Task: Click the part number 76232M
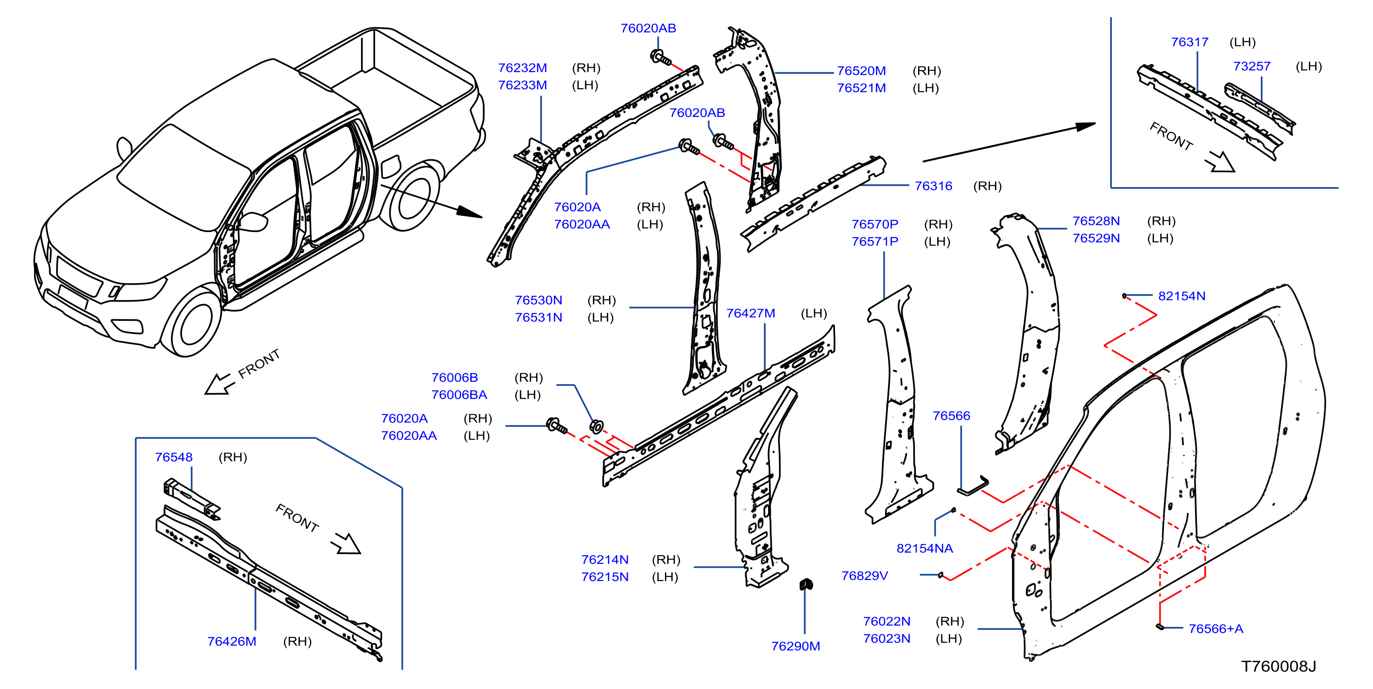[522, 68]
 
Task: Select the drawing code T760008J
[1279, 666]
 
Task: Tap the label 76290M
[795, 646]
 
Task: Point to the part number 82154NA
[924, 548]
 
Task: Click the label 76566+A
[1216, 628]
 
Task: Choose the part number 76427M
[750, 313]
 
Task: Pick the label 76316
[933, 186]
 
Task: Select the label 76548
[174, 457]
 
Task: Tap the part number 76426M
[231, 641]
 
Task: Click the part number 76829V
[865, 576]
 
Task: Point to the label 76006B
[454, 377]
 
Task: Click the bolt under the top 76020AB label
[660, 57]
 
